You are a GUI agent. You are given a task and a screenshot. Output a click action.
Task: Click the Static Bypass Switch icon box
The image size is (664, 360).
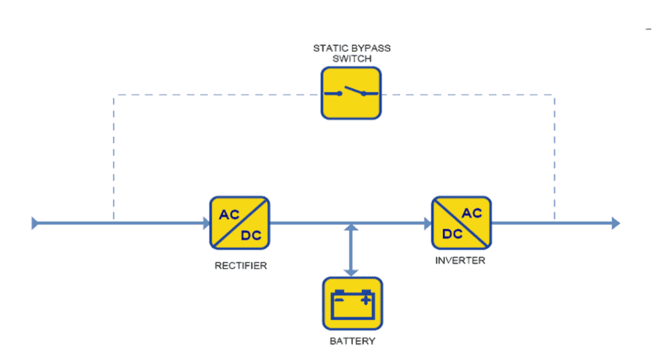(351, 93)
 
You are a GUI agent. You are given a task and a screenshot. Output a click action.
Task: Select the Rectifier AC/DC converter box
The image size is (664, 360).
(239, 223)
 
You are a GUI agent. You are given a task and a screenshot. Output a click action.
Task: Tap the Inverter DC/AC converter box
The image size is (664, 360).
(462, 223)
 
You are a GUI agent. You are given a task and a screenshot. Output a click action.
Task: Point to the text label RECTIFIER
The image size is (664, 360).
(241, 265)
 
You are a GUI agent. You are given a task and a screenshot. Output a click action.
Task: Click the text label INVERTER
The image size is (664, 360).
(461, 261)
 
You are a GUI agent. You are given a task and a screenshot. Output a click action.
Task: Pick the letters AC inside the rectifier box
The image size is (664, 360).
(229, 215)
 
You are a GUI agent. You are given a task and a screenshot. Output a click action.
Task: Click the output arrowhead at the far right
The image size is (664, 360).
(615, 224)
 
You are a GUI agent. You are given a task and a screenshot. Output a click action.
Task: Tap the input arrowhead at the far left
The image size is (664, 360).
(35, 224)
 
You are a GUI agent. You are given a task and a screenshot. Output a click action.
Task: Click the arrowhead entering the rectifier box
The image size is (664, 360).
(206, 224)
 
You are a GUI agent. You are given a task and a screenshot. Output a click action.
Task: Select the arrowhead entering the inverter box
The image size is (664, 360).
(428, 224)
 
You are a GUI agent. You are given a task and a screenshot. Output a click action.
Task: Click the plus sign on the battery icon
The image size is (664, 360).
(366, 300)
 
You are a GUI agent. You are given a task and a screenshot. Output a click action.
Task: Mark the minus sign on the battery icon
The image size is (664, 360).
(338, 300)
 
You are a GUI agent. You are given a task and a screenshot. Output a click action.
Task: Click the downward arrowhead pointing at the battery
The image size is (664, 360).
(351, 271)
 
